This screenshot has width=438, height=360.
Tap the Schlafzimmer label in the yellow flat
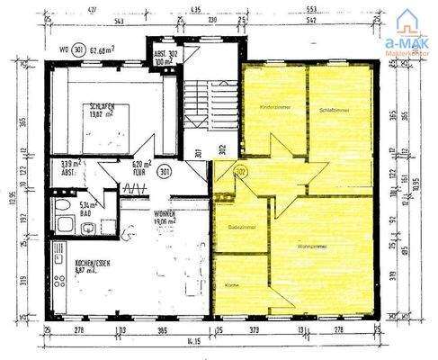(x=334, y=109)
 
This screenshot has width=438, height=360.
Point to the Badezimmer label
(x=243, y=227)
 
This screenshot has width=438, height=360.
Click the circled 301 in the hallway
(x=165, y=169)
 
